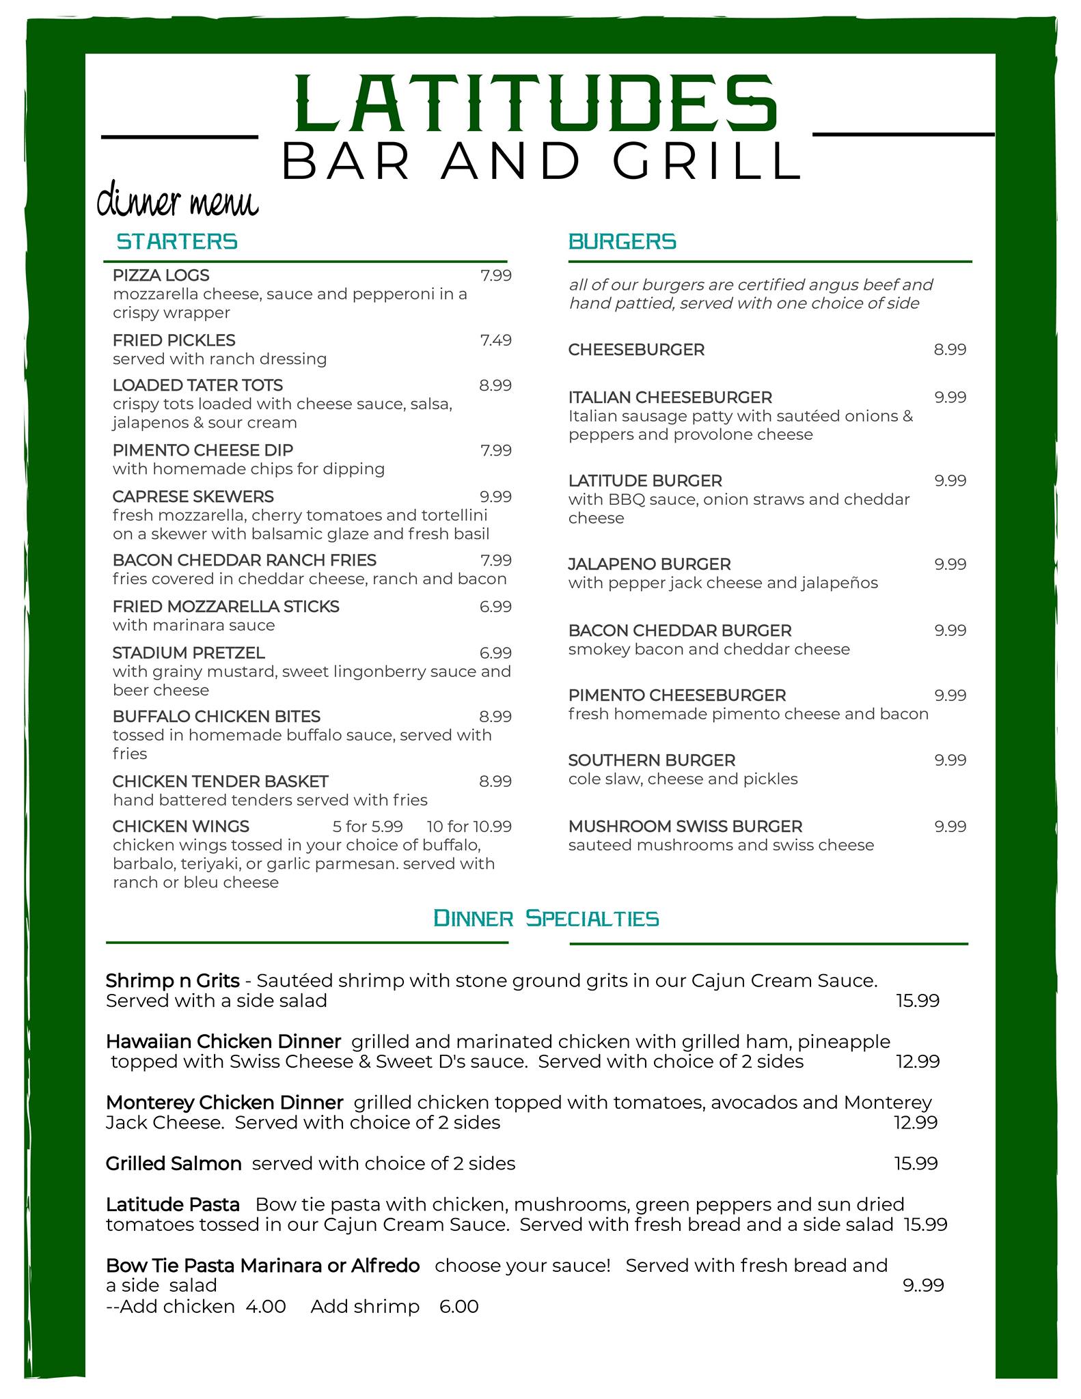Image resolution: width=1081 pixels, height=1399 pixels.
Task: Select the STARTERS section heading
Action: click(x=177, y=242)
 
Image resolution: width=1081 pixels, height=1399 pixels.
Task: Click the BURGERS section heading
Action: click(x=622, y=242)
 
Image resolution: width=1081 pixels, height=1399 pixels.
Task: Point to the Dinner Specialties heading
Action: click(x=546, y=918)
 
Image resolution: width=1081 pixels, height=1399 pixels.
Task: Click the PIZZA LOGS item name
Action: click(x=161, y=275)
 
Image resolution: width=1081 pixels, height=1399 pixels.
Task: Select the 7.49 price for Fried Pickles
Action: click(x=495, y=340)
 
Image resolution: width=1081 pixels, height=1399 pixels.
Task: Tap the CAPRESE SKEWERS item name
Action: click(x=193, y=497)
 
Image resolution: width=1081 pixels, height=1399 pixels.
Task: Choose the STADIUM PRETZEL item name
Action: click(x=189, y=653)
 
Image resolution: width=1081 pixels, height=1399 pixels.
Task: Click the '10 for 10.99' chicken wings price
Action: click(x=469, y=827)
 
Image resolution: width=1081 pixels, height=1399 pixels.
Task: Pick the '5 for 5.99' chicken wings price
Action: click(x=368, y=827)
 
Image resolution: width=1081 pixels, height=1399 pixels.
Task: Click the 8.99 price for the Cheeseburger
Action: click(x=950, y=350)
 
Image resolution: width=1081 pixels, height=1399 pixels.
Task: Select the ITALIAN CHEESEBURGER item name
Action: click(x=670, y=398)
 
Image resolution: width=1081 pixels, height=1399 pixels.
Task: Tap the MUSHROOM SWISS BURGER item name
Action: click(x=685, y=827)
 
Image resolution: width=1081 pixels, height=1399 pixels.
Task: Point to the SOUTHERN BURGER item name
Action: click(x=651, y=760)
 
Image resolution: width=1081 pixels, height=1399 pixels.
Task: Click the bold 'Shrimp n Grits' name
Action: click(x=172, y=981)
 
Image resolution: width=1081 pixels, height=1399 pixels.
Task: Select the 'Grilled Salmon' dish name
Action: click(x=174, y=1164)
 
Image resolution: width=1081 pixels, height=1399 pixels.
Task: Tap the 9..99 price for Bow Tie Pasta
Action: click(x=923, y=1286)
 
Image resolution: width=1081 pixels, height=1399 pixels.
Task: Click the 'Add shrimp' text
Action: click(x=365, y=1307)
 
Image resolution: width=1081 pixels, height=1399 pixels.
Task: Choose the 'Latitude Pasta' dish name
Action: click(x=172, y=1204)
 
